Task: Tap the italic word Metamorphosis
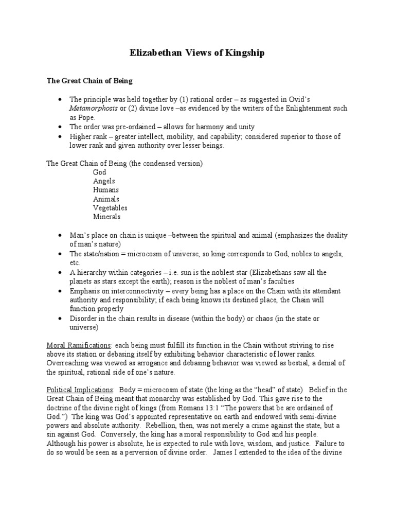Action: [96, 108]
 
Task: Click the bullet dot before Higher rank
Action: [60, 136]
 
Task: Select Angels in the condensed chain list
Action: [104, 181]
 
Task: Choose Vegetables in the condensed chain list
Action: [110, 208]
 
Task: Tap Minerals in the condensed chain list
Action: [106, 217]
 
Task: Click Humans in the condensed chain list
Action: [106, 190]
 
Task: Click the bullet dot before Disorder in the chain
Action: [60, 319]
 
